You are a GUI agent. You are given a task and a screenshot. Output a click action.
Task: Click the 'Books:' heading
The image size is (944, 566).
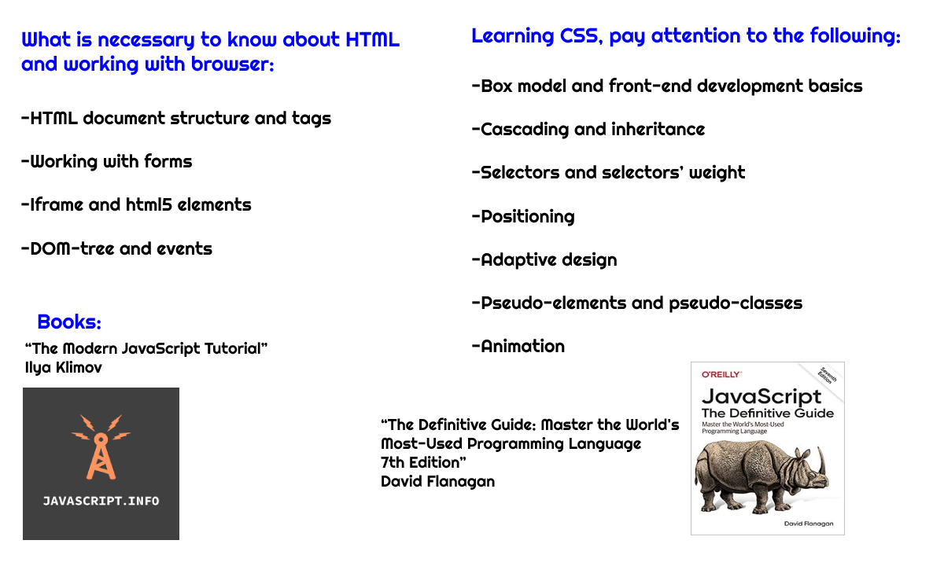point(69,322)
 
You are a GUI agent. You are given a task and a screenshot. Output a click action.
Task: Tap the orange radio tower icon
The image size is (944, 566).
point(101,447)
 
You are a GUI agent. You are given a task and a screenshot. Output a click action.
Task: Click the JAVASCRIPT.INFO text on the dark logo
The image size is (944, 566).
point(101,502)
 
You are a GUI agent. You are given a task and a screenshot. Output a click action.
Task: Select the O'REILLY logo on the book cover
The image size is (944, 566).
point(721,375)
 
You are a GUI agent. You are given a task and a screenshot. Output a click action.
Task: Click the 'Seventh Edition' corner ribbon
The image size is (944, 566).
point(827,376)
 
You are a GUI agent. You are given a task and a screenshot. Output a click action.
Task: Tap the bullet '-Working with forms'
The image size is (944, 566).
point(107,162)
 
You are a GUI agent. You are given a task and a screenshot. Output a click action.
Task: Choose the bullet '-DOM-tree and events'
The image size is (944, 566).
point(116,249)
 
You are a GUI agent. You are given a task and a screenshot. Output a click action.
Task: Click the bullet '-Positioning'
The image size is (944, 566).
point(523,217)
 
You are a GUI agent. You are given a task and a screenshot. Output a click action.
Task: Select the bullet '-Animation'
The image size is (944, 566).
point(518,347)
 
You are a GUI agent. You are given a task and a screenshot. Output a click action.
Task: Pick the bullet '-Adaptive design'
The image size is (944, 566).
point(544,260)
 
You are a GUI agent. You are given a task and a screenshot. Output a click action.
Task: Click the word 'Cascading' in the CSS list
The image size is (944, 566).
point(525,130)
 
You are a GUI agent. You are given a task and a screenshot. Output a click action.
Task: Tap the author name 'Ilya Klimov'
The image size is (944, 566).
point(64,368)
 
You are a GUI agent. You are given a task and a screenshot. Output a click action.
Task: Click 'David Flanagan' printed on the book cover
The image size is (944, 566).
point(809,524)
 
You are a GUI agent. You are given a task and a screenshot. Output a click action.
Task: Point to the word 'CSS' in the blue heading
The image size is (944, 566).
point(579,36)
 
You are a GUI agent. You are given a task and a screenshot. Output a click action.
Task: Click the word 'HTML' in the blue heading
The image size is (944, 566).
point(373,39)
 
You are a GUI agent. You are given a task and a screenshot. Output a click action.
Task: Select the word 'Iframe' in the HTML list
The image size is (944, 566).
point(57,205)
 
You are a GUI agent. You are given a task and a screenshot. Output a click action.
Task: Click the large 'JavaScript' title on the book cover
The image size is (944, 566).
point(761,397)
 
